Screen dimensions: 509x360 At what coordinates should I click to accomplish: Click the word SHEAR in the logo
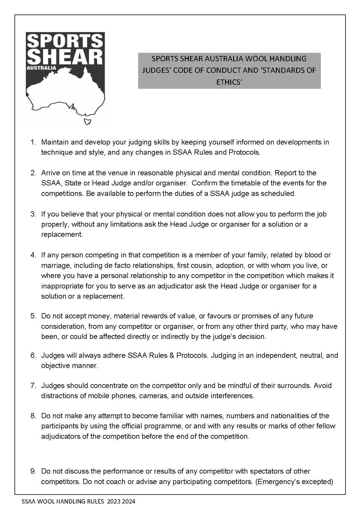click(x=65, y=57)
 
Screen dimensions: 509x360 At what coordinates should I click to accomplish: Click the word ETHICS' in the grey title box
click(x=229, y=82)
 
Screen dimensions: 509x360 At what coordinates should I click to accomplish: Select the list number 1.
click(x=33, y=142)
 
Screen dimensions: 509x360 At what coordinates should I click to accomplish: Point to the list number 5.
click(x=33, y=316)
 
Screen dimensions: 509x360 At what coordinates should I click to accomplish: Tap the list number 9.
click(x=33, y=471)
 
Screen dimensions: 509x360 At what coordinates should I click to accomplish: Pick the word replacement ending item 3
click(x=61, y=234)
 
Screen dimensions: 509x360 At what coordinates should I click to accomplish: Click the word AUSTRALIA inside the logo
click(x=41, y=68)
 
